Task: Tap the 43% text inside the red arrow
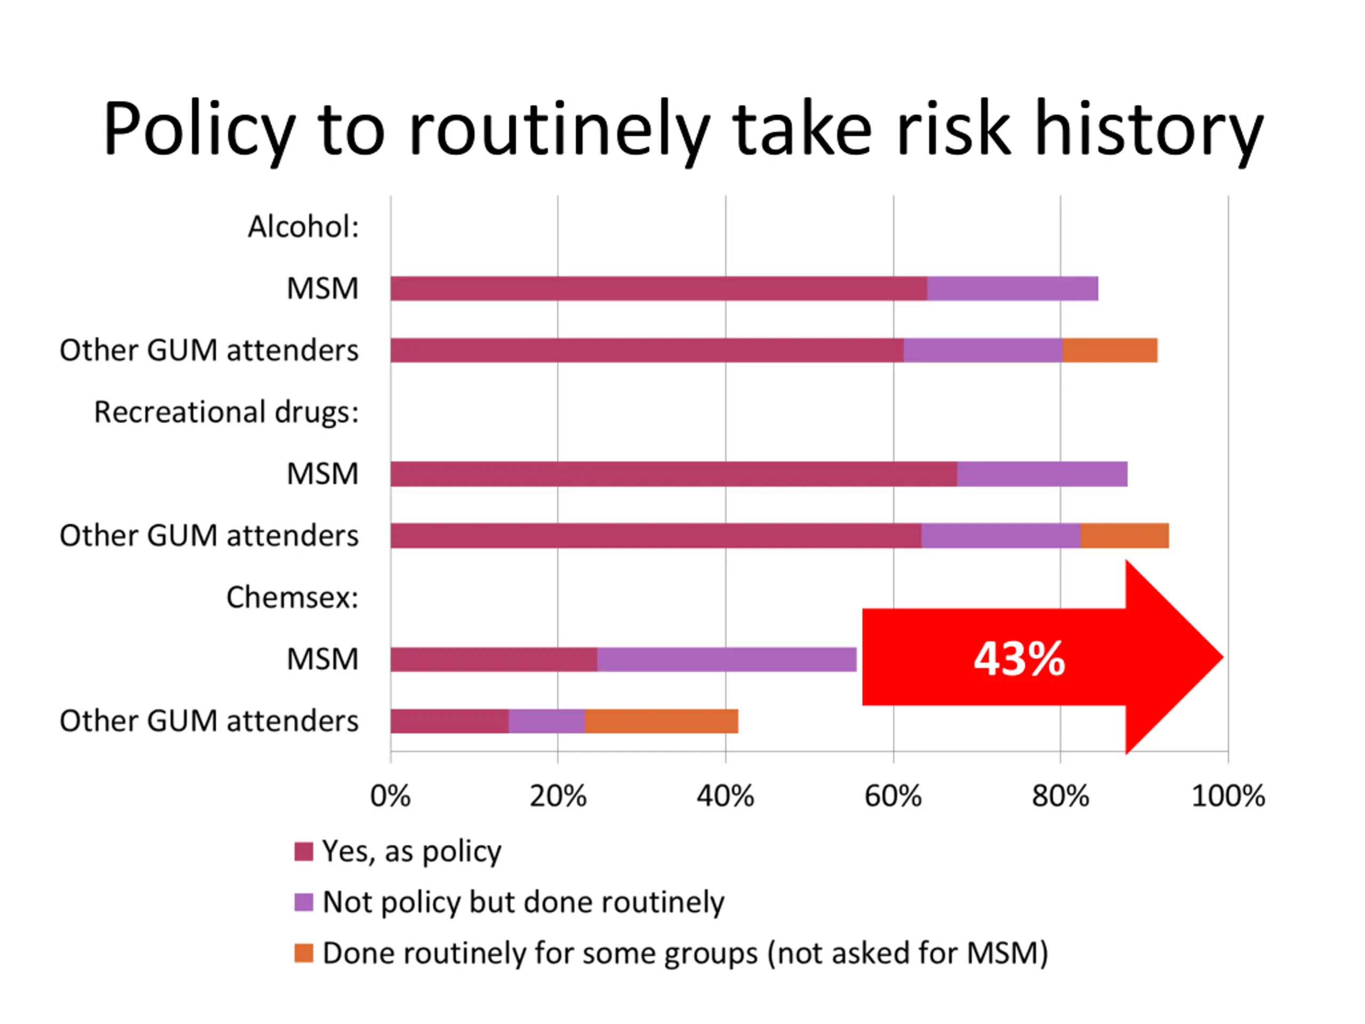point(1019,659)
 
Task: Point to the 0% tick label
point(390,796)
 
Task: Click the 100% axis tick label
point(1228,796)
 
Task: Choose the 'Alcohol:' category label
point(303,227)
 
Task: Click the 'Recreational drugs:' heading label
point(227,412)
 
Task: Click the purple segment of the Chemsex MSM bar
point(726,659)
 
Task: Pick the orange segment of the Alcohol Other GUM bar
point(1110,350)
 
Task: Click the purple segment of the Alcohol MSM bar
point(1012,288)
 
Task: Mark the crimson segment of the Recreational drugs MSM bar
point(673,474)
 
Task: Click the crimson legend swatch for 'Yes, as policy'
point(303,851)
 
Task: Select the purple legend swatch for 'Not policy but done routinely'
point(303,902)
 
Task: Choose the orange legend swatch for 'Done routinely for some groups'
point(303,953)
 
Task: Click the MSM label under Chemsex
point(322,659)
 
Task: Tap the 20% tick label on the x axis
point(558,796)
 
